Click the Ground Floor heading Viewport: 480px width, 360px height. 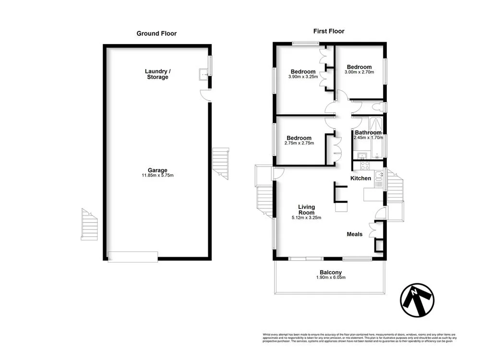point(156,34)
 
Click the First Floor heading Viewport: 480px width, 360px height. point(329,31)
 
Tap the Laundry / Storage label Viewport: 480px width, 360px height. point(157,74)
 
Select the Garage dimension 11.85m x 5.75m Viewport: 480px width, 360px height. point(157,175)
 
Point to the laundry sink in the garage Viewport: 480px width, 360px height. point(204,74)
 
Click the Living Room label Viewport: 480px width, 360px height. point(306,210)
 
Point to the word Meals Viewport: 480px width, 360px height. point(355,234)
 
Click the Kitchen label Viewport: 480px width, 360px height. point(360,179)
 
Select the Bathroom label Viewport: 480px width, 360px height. point(368,132)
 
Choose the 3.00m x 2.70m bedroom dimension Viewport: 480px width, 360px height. point(359,72)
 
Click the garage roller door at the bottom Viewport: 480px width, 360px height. point(133,257)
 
